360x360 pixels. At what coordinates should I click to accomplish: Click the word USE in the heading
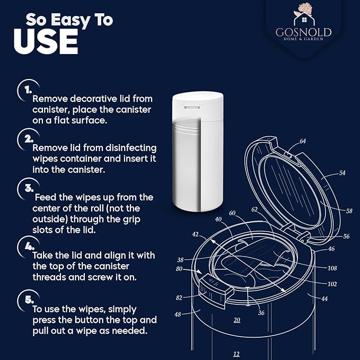tap(46, 41)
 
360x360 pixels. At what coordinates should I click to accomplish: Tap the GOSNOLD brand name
tap(303, 32)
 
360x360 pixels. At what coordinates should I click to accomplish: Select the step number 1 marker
tap(28, 90)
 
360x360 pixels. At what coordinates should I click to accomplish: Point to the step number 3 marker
tap(29, 188)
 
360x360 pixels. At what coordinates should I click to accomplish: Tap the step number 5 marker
tap(29, 300)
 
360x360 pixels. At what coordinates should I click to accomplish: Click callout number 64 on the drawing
tap(303, 141)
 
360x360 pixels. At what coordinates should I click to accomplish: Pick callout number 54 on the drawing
tap(342, 173)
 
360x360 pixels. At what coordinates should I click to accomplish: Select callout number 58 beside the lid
tap(349, 211)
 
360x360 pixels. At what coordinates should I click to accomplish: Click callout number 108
tap(332, 268)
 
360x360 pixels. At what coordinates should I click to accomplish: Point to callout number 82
tap(179, 297)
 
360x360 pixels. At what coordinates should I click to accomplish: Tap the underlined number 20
tap(237, 320)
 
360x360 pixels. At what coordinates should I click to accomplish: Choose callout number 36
tap(261, 312)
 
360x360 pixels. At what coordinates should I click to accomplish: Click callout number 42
tap(196, 234)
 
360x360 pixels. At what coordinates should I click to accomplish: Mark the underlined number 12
tap(236, 354)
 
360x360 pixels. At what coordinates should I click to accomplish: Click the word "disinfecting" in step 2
tap(131, 148)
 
